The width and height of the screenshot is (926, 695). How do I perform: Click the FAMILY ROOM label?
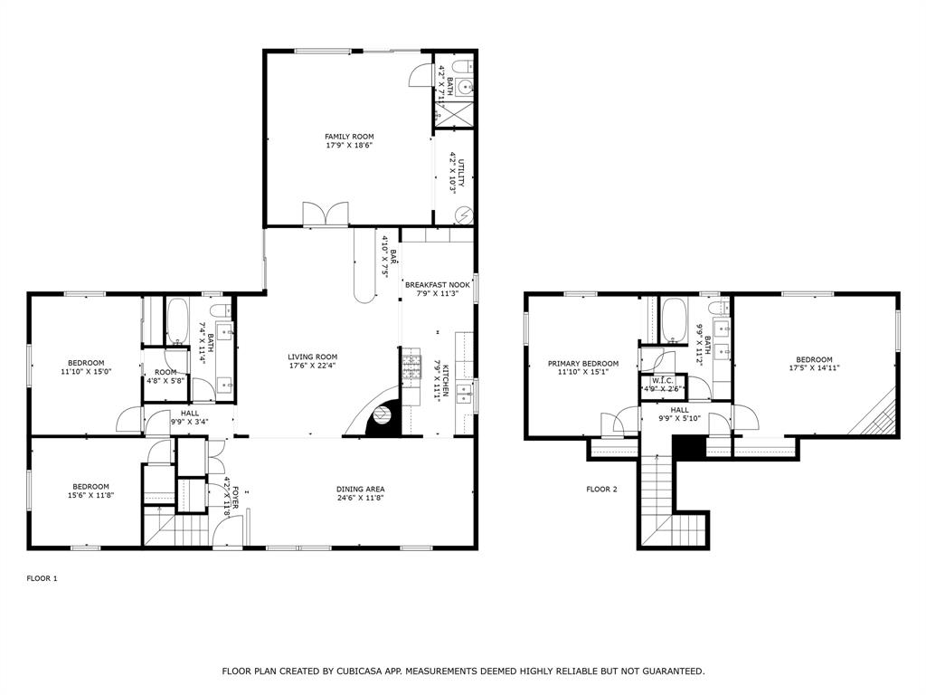pyautogui.click(x=349, y=137)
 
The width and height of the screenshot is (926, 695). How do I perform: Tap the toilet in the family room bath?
pyautogui.click(x=460, y=66)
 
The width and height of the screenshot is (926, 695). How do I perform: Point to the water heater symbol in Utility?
pyautogui.click(x=464, y=215)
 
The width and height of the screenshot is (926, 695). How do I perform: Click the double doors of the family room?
pyautogui.click(x=326, y=214)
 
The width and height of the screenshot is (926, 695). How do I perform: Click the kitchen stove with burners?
pyautogui.click(x=411, y=366)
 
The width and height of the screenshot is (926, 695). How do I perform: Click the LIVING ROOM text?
pyautogui.click(x=313, y=357)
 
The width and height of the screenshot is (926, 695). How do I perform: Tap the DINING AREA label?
pyautogui.click(x=361, y=490)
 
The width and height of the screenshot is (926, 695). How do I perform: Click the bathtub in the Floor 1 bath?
pyautogui.click(x=176, y=321)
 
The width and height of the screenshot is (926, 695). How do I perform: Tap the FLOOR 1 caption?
pyautogui.click(x=42, y=578)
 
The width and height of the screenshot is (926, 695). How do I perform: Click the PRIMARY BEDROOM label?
pyautogui.click(x=583, y=364)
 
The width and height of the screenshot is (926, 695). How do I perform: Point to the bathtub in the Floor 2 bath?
pyautogui.click(x=675, y=320)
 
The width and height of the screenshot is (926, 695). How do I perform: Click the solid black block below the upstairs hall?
pyautogui.click(x=688, y=446)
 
